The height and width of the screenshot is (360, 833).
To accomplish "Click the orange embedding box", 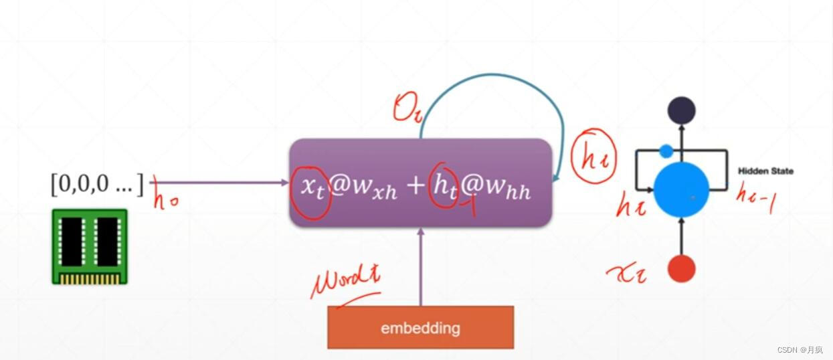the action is coord(420,327).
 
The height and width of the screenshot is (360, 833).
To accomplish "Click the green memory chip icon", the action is coord(90,246).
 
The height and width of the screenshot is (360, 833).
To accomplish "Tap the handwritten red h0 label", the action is coord(165,199).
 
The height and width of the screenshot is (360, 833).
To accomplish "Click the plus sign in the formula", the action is coord(415,187).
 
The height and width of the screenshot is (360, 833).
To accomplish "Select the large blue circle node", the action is coord(680,189).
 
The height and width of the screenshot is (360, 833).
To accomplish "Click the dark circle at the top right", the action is coord(681,110).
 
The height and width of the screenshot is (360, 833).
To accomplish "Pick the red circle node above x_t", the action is coord(681,269).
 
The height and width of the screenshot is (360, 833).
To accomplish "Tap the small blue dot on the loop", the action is coord(666,151).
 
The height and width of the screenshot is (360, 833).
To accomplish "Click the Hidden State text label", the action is coord(765,171).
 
